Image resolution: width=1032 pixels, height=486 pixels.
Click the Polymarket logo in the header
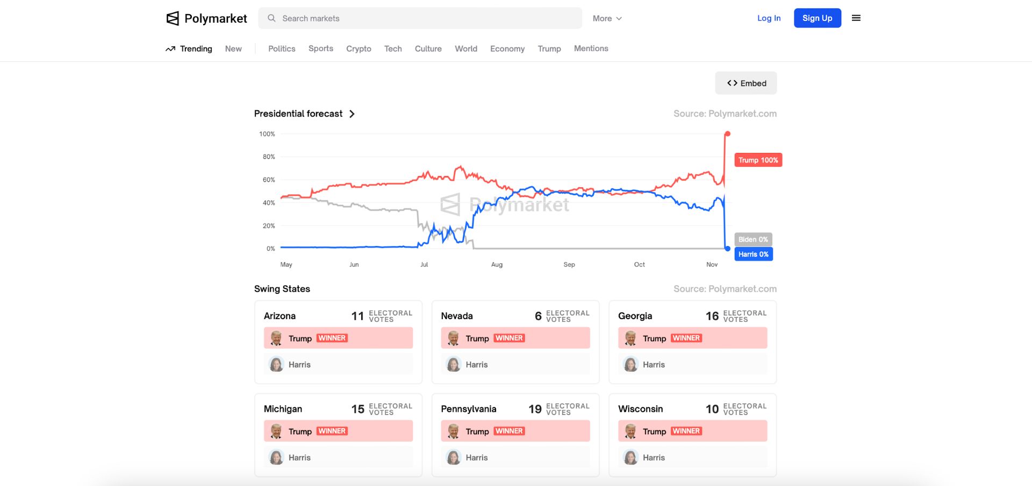[x=206, y=18]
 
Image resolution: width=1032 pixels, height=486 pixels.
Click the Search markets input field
[x=420, y=18]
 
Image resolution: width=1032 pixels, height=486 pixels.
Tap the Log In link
[x=769, y=18]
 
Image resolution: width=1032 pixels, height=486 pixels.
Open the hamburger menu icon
[x=856, y=18]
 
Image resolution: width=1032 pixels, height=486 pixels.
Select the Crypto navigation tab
[x=359, y=48]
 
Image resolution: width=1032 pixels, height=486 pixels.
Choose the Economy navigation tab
[x=507, y=48]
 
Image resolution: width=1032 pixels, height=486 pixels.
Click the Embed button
[x=746, y=83]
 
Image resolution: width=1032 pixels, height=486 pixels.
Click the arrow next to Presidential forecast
[x=352, y=114]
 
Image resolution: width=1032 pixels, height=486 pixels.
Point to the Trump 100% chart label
[x=758, y=160]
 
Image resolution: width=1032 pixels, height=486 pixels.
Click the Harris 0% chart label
[x=754, y=254]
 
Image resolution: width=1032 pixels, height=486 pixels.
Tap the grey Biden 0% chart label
[x=753, y=240]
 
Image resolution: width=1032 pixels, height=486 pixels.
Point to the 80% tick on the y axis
[x=269, y=157]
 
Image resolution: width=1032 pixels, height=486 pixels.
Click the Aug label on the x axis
[x=497, y=264]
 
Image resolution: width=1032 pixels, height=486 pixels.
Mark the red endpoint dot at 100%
[x=727, y=134]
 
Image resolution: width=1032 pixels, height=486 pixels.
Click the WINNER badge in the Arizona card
[x=332, y=338]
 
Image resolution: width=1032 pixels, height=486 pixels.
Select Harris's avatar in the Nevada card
[x=454, y=364]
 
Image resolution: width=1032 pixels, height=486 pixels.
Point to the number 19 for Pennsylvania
[x=535, y=409]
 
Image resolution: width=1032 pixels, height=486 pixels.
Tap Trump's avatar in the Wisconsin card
[x=631, y=431]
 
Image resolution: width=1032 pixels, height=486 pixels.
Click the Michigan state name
[x=283, y=409]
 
